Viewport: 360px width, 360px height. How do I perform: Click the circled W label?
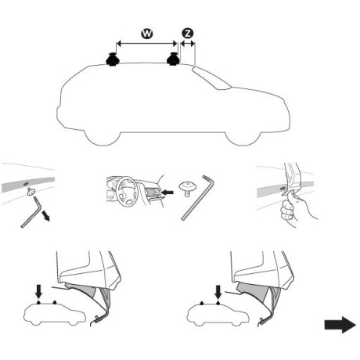click(145, 34)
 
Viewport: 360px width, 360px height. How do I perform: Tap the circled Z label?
click(187, 34)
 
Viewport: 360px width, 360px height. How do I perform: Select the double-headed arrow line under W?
click(145, 44)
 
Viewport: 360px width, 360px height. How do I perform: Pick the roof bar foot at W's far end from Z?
click(113, 59)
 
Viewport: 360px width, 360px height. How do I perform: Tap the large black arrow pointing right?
click(340, 326)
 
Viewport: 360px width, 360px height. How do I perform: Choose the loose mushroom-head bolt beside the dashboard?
click(186, 187)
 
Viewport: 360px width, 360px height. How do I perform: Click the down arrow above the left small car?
click(38, 292)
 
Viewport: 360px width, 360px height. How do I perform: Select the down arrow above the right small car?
click(213, 292)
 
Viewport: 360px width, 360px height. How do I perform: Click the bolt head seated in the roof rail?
click(31, 191)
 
